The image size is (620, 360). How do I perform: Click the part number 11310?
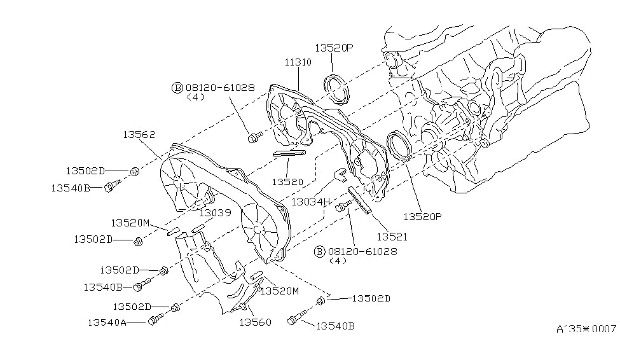click(298, 62)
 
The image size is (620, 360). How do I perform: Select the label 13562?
click(139, 135)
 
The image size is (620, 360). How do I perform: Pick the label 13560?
click(255, 322)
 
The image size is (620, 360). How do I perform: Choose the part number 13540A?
click(106, 322)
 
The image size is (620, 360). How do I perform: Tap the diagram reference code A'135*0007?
click(586, 329)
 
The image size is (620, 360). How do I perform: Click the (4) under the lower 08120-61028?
click(339, 261)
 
